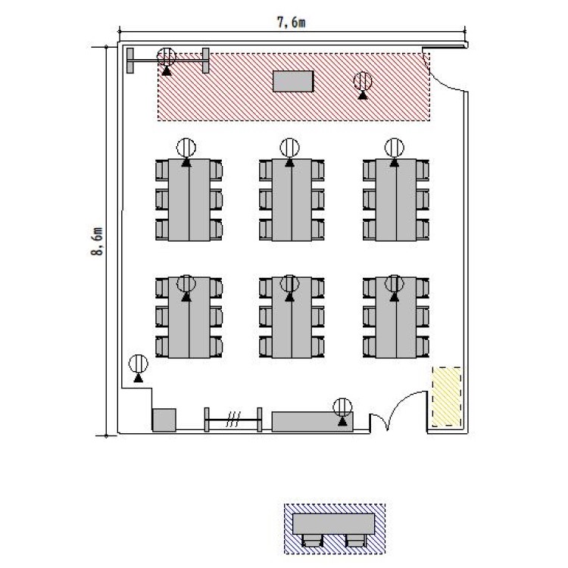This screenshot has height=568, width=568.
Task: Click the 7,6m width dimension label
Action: point(292,23)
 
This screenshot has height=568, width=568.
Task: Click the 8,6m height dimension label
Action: point(97,242)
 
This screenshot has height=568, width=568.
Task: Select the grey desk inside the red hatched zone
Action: point(293,82)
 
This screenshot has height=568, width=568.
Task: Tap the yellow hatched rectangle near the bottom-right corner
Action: point(447,397)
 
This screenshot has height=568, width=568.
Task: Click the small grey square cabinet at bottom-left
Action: point(164,420)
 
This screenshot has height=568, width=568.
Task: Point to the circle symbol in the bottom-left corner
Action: point(139,364)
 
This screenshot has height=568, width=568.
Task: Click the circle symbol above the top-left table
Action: point(186,148)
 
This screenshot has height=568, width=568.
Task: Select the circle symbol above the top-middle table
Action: point(289,148)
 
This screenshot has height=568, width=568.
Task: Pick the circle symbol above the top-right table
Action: point(394,148)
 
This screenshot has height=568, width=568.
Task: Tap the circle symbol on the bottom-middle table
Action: point(289,284)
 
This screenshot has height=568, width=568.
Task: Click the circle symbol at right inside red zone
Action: point(363,81)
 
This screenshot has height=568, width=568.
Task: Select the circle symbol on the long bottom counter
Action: point(342,407)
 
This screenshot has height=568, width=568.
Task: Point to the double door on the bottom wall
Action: point(398,411)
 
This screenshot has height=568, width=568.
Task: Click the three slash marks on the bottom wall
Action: point(233,420)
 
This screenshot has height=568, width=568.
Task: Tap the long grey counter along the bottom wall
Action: point(313,422)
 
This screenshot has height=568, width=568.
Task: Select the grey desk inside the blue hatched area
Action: point(334,524)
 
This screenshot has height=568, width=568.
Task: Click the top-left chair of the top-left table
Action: point(162,170)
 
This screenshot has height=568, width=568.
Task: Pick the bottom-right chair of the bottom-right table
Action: point(423,347)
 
